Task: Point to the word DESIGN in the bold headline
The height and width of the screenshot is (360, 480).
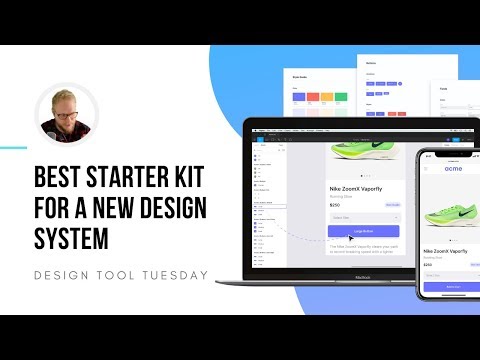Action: (x=174, y=211)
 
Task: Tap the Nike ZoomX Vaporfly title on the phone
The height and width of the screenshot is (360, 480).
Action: (x=446, y=251)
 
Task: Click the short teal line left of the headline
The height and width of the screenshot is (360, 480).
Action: (x=13, y=148)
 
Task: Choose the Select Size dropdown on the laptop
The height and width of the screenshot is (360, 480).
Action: (x=363, y=217)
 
